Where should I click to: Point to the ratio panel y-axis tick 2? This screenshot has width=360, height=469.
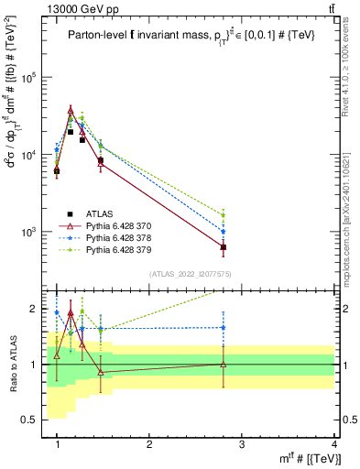pos(37,309)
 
